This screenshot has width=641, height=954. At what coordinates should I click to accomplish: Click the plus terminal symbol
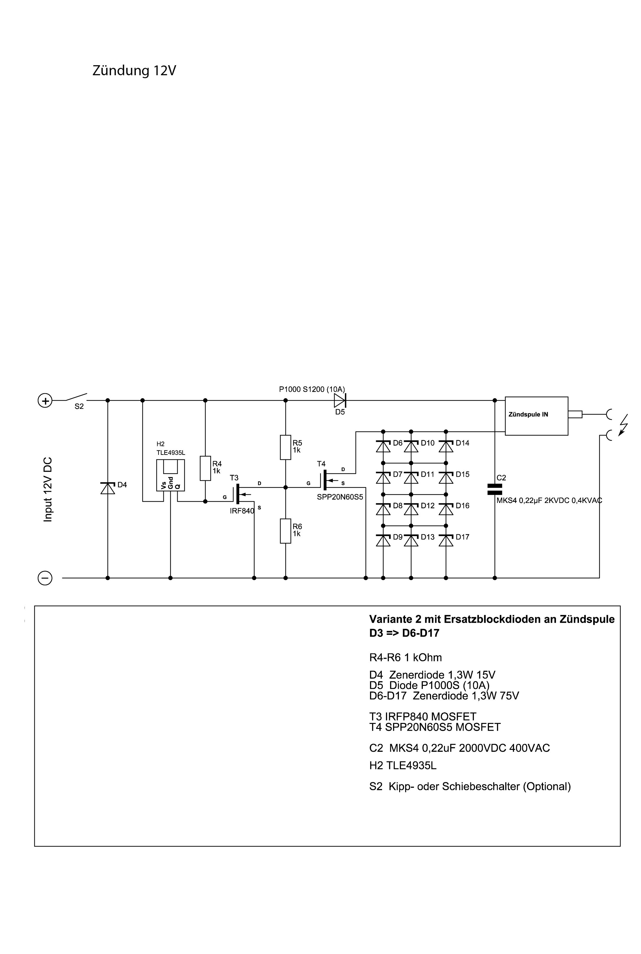click(x=45, y=401)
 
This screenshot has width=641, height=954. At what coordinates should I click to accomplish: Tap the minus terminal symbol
click(x=45, y=578)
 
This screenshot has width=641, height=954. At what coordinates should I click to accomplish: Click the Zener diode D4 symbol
click(x=108, y=488)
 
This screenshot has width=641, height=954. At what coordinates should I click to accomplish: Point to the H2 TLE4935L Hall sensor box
click(x=170, y=475)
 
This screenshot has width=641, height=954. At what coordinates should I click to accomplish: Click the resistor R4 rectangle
click(x=205, y=468)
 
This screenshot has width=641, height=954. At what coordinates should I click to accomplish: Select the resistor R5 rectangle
click(x=285, y=447)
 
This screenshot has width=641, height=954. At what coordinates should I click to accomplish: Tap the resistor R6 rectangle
click(x=285, y=531)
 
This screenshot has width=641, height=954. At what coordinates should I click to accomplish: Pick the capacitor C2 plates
click(x=495, y=489)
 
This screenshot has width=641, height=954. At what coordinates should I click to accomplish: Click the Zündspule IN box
click(x=536, y=416)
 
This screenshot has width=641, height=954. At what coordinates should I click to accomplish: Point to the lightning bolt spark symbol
click(x=623, y=426)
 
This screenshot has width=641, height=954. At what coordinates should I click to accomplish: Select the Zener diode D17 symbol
click(x=446, y=540)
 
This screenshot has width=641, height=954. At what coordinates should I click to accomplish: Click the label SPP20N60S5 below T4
click(x=340, y=497)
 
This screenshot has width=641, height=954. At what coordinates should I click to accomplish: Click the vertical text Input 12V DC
click(x=48, y=489)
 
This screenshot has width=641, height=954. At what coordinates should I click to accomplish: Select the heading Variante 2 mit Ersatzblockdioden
click(x=491, y=619)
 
